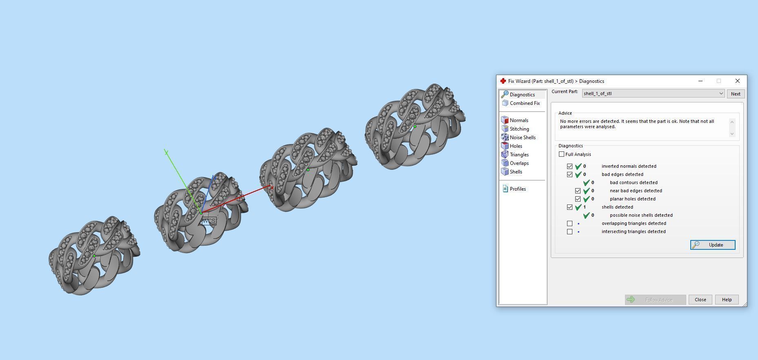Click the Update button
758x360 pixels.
(712, 245)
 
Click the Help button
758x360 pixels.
(727, 300)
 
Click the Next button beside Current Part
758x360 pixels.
(735, 94)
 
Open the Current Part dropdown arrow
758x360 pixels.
(721, 93)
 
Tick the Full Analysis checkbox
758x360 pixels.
(562, 154)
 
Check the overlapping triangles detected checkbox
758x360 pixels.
(570, 224)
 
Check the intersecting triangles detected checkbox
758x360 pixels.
(570, 232)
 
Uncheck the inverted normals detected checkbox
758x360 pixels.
(570, 167)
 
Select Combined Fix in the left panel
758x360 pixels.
(524, 103)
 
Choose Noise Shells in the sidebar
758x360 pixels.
(522, 138)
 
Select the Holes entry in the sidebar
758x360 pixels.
(516, 146)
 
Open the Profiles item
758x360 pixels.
(517, 189)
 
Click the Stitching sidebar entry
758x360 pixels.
(519, 129)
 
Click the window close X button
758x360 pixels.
(737, 81)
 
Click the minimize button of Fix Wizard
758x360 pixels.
(700, 81)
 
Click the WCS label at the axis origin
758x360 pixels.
(209, 221)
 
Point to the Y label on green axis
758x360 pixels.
(166, 152)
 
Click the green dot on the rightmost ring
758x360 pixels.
(415, 127)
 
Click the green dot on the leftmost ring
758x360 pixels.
(94, 256)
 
